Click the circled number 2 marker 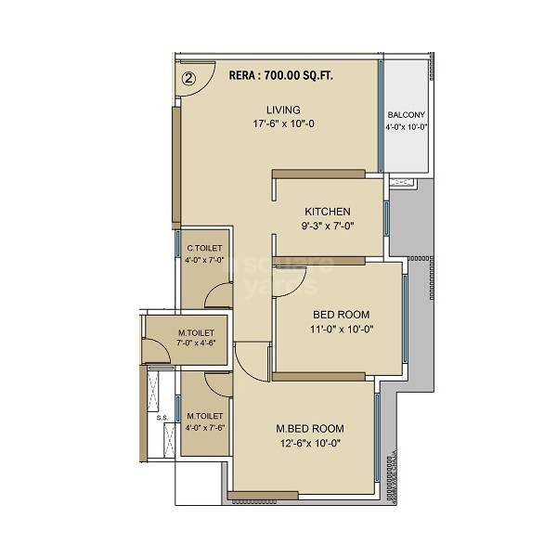click(188, 79)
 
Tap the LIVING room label click(282, 110)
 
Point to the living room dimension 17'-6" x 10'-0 click(282, 124)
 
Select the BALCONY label click(406, 115)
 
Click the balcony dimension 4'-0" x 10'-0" click(406, 128)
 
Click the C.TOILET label click(204, 248)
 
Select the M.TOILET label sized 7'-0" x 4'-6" click(197, 332)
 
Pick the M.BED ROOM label click(310, 428)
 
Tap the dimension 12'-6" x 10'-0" click(310, 443)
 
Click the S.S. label click(161, 418)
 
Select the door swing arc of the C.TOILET click(217, 295)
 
